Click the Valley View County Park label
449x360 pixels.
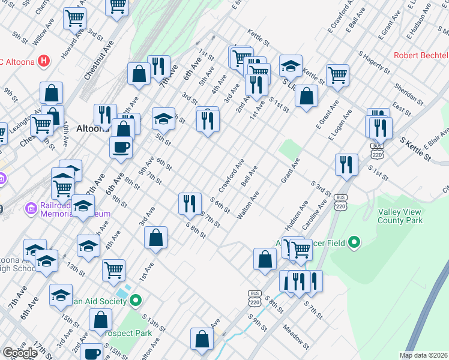click(400, 216)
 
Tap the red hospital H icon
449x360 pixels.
click(43, 61)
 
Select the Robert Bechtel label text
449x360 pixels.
click(421, 56)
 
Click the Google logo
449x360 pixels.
click(20, 353)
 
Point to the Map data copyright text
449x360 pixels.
click(424, 355)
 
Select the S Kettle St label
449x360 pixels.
click(415, 148)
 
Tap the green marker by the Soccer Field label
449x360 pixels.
click(355, 242)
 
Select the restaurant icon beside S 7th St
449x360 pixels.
click(190, 203)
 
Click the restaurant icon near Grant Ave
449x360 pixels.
click(347, 164)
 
